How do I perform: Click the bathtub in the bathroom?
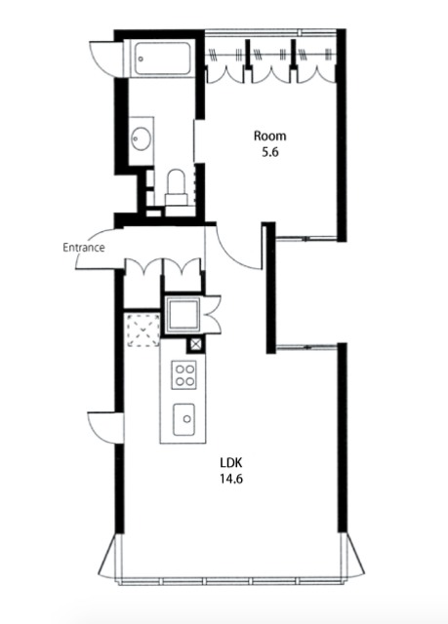click(162, 58)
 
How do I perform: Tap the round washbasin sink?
click(142, 138)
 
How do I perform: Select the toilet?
click(177, 187)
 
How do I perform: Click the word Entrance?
click(84, 248)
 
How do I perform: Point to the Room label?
click(270, 136)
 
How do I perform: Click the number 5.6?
click(270, 152)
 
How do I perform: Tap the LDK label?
click(231, 463)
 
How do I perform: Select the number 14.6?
click(231, 479)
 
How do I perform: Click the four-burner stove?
click(183, 374)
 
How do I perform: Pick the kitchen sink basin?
click(183, 419)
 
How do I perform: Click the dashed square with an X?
click(143, 330)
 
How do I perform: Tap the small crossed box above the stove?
click(195, 344)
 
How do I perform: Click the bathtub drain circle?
click(141, 58)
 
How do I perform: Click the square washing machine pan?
click(183, 314)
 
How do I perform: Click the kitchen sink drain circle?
click(186, 418)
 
